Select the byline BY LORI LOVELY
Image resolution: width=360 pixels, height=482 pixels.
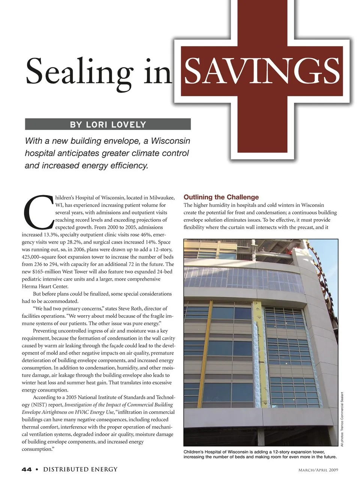[108, 125]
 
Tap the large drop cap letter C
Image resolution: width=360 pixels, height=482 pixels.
[38, 212]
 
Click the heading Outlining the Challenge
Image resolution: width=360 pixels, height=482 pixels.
[221, 197]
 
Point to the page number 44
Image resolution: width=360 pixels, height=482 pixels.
[27, 469]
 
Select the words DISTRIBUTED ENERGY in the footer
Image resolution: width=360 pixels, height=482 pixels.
[80, 469]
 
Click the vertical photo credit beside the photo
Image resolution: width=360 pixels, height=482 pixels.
[342, 419]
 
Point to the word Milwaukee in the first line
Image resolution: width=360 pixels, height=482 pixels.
[162, 198]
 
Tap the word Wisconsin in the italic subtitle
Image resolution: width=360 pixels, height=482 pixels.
[171, 141]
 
